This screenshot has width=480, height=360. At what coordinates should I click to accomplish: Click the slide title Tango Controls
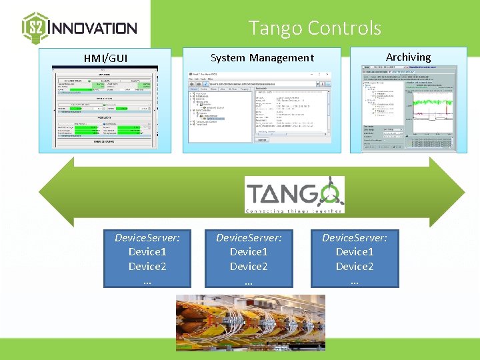click(315, 28)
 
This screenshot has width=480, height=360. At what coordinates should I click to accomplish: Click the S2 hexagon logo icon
click(35, 27)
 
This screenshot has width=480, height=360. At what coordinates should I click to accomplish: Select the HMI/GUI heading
click(105, 58)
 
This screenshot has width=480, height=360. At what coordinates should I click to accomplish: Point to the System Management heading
click(262, 58)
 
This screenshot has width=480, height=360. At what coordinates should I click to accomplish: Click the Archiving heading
click(408, 57)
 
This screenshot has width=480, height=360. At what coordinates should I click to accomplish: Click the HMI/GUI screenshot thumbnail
click(105, 107)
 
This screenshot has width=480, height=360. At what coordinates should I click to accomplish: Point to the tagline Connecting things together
click(295, 211)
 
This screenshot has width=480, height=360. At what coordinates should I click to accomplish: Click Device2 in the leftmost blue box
click(147, 267)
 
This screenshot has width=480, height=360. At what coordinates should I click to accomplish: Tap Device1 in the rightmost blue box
click(355, 252)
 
